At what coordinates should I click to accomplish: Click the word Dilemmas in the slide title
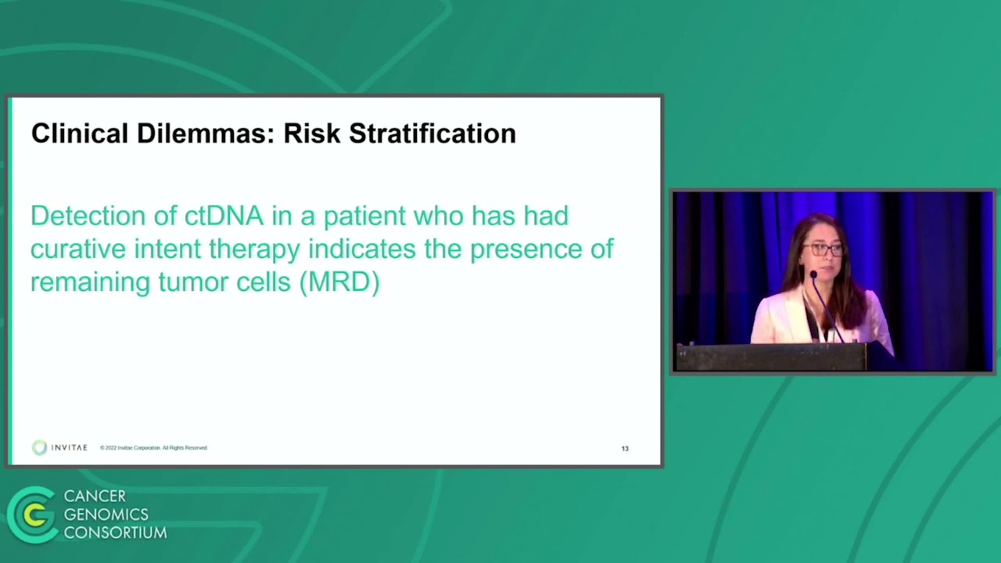point(202,134)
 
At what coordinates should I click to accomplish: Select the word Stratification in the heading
point(432,134)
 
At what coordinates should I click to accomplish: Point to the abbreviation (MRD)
point(339,281)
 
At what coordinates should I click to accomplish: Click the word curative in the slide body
point(78,249)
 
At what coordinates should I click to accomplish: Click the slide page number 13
point(625,448)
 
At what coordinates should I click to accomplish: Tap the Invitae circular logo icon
point(39,447)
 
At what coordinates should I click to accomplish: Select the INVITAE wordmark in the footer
point(69,448)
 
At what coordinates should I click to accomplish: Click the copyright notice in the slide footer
point(153,448)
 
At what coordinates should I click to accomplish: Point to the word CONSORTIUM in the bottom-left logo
point(115,533)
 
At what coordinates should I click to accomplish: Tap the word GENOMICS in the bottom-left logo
point(106,515)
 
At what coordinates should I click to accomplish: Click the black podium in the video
point(774,357)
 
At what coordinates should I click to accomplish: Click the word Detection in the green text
point(88,216)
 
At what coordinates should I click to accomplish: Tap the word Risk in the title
point(312,134)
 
